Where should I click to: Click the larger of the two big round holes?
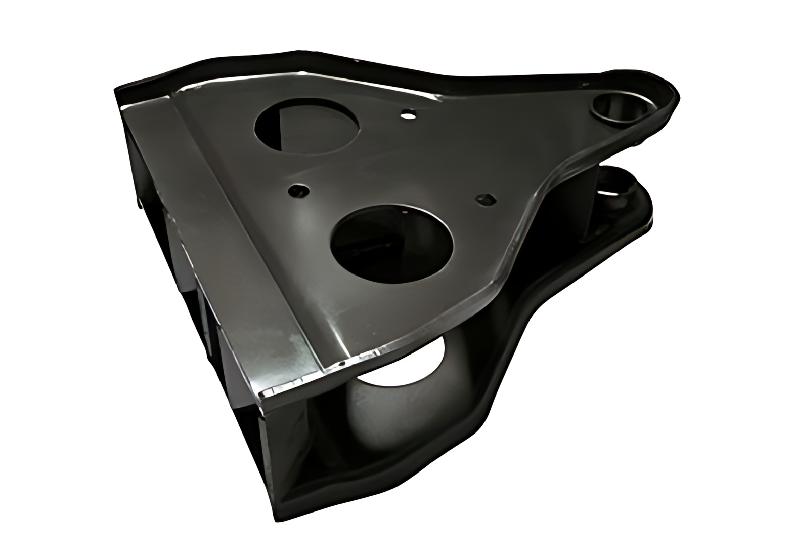pyautogui.click(x=391, y=238)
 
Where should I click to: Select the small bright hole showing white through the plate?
pyautogui.click(x=407, y=115)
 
